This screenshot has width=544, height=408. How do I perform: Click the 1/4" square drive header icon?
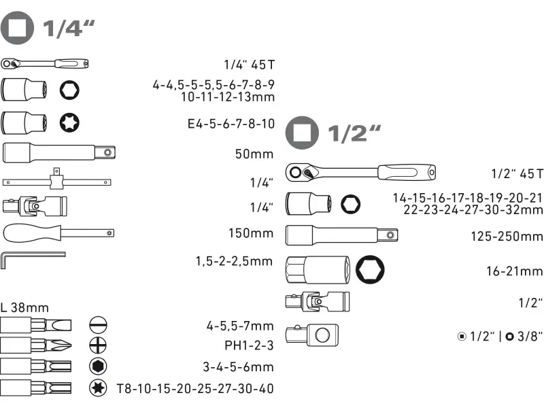click(x=17, y=28)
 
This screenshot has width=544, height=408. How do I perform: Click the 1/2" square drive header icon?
click(x=302, y=133)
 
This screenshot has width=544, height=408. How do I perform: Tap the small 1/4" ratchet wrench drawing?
click(x=45, y=63)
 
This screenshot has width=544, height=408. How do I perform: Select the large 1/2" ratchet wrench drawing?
click(x=360, y=172)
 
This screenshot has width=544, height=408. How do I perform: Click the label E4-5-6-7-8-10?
click(x=231, y=124)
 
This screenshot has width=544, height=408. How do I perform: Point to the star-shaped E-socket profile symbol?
click(x=69, y=122)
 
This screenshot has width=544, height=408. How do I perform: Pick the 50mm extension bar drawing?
click(x=59, y=152)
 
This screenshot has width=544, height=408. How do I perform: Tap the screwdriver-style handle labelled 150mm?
click(x=58, y=233)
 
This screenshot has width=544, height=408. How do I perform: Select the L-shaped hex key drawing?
click(x=33, y=260)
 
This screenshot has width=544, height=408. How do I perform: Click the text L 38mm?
click(x=24, y=307)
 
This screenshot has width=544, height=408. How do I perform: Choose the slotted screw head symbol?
click(x=98, y=325)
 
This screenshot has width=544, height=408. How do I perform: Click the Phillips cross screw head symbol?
click(x=98, y=345)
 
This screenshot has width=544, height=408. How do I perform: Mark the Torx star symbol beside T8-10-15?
click(x=98, y=388)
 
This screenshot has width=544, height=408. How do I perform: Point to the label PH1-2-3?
click(x=249, y=345)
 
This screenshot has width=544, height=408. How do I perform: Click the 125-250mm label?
click(x=507, y=237)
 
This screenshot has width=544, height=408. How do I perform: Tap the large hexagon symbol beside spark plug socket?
click(x=370, y=269)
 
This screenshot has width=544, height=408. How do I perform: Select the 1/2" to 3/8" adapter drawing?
click(x=312, y=335)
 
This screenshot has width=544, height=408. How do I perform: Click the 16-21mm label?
click(x=514, y=271)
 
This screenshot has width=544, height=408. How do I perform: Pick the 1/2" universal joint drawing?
click(x=318, y=301)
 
